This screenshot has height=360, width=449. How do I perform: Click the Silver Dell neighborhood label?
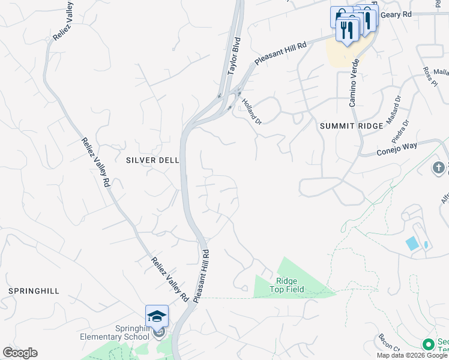pos(151,160)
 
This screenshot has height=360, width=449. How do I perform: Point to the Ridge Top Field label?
pos(290,285)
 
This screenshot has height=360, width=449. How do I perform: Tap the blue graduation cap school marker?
pos(157,316)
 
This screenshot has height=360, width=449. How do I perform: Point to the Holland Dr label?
pos(252,110)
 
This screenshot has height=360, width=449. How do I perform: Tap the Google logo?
pos(20,353)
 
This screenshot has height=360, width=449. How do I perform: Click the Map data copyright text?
pos(412,355)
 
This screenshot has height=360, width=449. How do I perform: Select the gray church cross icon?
pos(439,167)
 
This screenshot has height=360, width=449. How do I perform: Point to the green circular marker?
pos(428,344)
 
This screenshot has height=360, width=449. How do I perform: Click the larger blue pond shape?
pos(412,244)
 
